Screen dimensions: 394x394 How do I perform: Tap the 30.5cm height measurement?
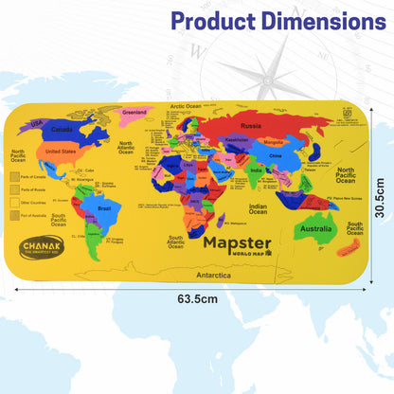pyautogui.click(x=378, y=201)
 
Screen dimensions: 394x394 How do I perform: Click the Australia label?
pyautogui.click(x=315, y=228)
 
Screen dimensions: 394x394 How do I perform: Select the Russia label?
pyautogui.click(x=251, y=125)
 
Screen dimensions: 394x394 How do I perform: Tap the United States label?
pyautogui.click(x=62, y=152)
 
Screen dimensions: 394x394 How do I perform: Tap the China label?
pyautogui.click(x=276, y=154)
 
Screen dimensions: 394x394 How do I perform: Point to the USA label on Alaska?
pyautogui.click(x=39, y=122)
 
